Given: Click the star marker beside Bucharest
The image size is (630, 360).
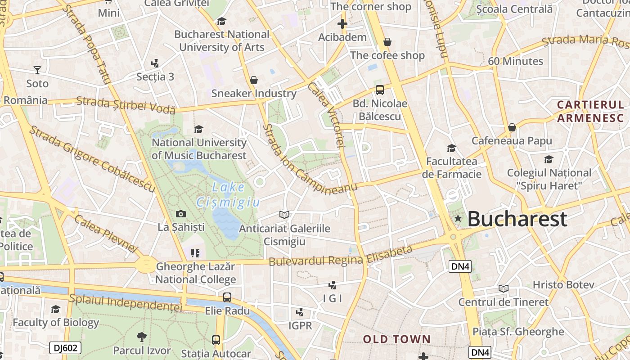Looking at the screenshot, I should (x=458, y=219).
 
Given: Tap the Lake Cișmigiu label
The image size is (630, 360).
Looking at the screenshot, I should (x=228, y=195).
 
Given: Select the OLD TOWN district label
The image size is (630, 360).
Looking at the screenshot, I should (x=397, y=339).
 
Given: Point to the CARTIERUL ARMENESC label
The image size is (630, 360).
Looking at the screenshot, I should (x=590, y=111).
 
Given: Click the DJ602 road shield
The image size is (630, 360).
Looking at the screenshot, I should (x=65, y=347).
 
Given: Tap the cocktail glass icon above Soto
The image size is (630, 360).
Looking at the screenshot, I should (x=37, y=70).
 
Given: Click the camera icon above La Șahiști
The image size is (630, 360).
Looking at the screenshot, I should (x=181, y=214).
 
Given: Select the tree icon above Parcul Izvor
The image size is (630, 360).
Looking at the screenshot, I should (x=141, y=337).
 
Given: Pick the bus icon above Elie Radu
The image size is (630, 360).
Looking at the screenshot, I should (x=227, y=297).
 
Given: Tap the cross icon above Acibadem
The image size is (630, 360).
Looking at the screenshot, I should (x=342, y=24).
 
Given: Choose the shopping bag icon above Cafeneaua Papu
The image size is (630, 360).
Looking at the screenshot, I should (x=512, y=128).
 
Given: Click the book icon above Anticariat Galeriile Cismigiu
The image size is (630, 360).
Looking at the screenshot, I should (x=284, y=215).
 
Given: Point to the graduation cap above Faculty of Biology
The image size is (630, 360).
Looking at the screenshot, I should (x=55, y=310).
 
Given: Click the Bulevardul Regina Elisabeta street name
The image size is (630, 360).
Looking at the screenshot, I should (x=341, y=256).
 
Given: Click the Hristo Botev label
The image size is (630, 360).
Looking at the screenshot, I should (x=563, y=285).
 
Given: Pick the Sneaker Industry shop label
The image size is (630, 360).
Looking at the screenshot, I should (x=254, y=94).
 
